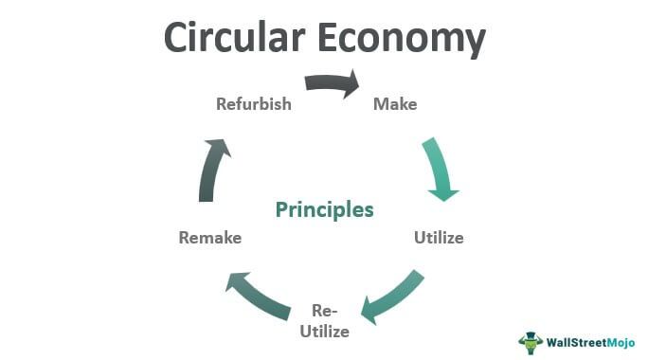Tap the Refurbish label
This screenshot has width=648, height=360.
tap(253, 103)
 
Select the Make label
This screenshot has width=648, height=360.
tap(395, 103)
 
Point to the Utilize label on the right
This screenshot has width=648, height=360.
tap(439, 238)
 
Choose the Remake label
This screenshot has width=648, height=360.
tap(210, 238)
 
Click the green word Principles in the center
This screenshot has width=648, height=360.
tap(325, 209)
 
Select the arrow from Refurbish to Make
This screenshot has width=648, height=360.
tap(330, 83)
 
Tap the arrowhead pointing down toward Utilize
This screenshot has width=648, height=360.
tap(443, 191)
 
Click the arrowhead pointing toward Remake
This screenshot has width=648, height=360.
tap(236, 279)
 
